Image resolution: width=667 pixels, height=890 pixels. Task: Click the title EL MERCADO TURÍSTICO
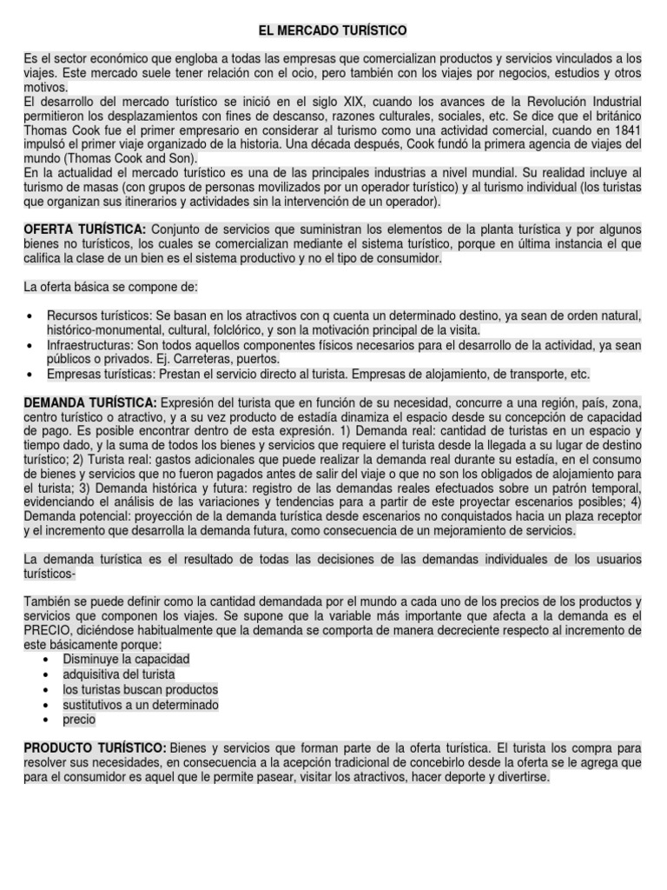pyautogui.click(x=333, y=30)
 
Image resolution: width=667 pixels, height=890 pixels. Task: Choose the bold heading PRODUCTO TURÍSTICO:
pyautogui.click(x=95, y=747)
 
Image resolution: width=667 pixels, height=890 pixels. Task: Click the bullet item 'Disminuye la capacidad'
pyautogui.click(x=126, y=660)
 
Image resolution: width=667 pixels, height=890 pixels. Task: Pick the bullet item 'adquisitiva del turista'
pyautogui.click(x=119, y=674)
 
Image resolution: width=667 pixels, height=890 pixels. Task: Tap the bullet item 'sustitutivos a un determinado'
pyautogui.click(x=141, y=704)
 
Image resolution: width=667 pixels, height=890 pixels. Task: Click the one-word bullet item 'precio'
pyautogui.click(x=79, y=719)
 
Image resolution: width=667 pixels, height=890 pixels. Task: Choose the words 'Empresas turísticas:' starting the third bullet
pyautogui.click(x=98, y=374)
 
